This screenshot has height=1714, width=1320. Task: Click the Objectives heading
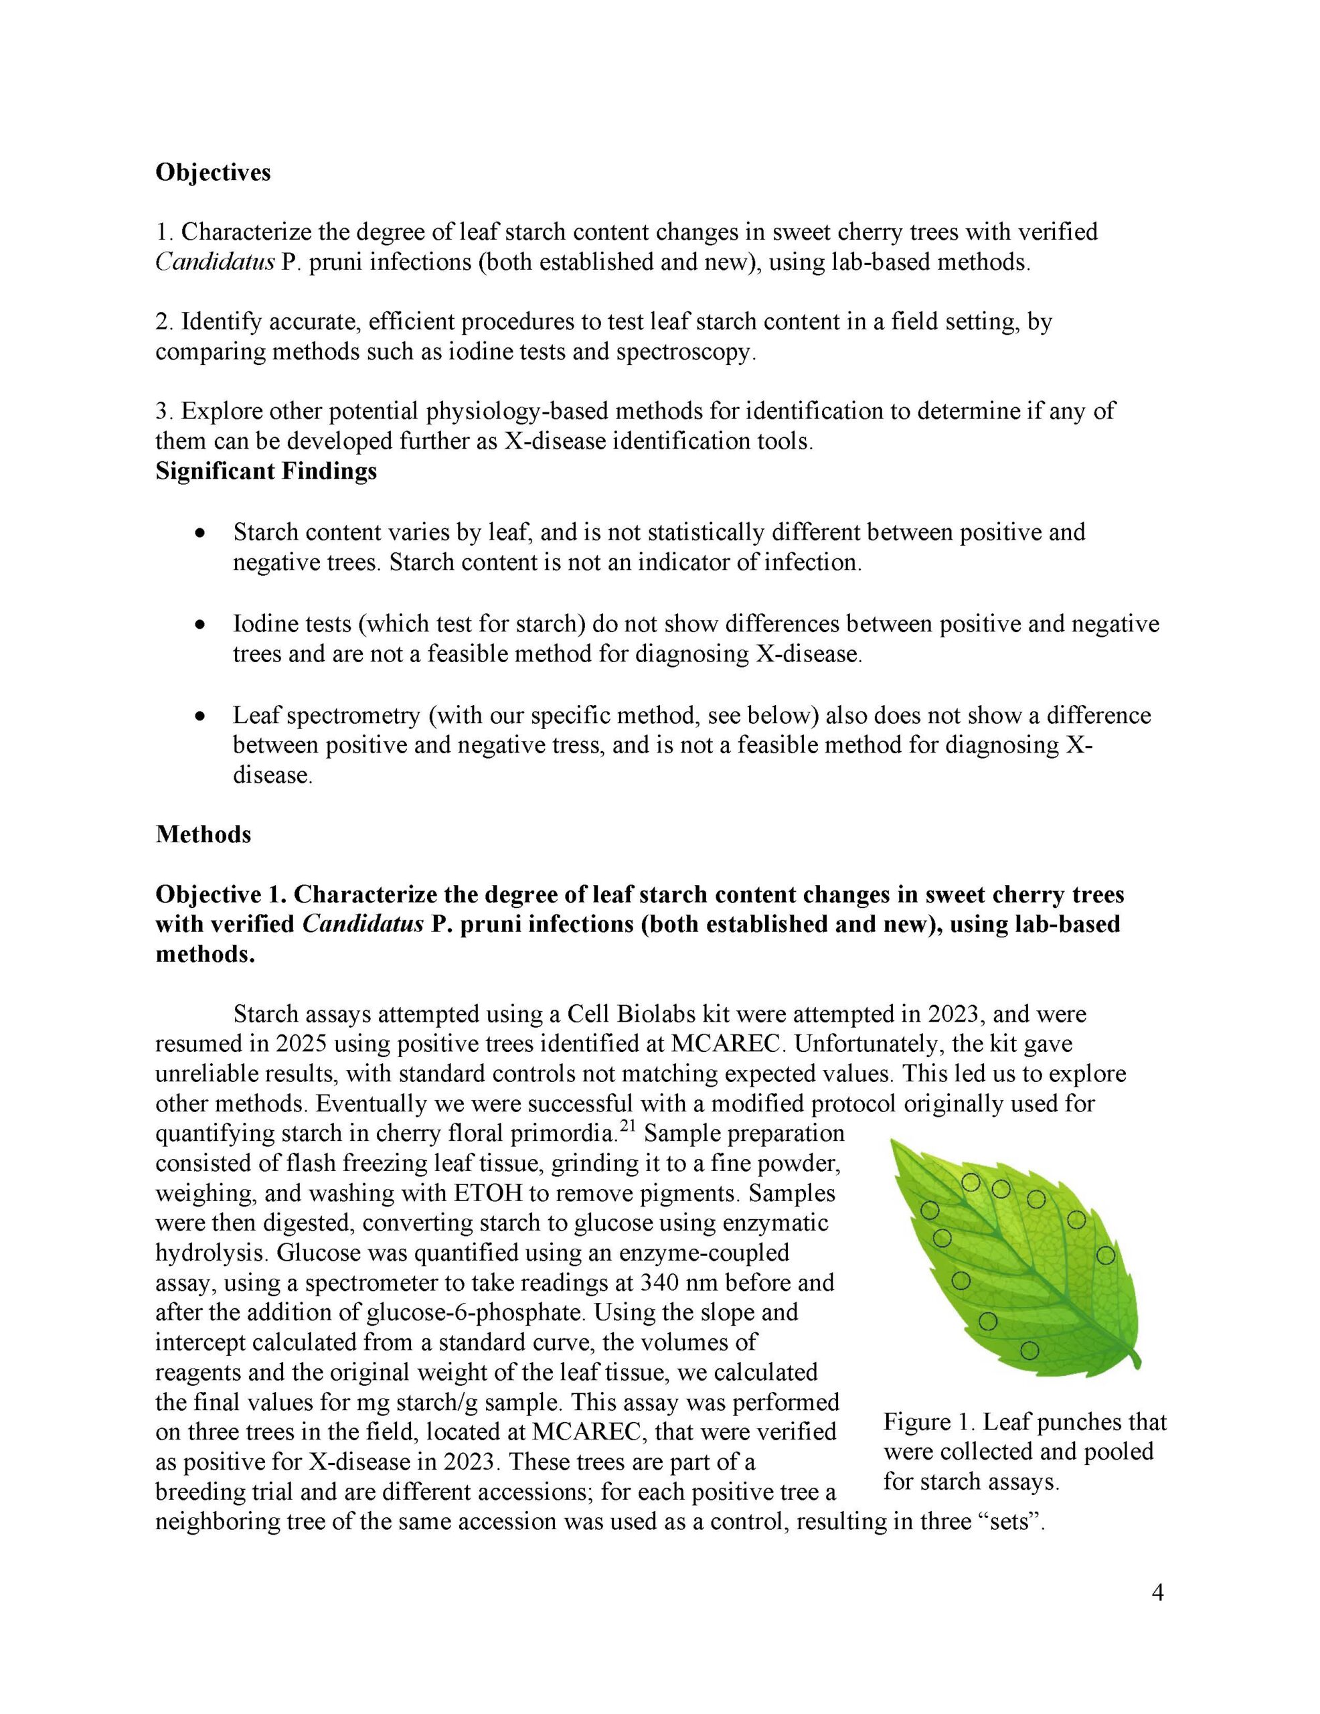pos(213,172)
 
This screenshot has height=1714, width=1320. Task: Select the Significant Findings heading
pos(265,471)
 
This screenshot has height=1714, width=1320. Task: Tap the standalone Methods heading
pos(203,834)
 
